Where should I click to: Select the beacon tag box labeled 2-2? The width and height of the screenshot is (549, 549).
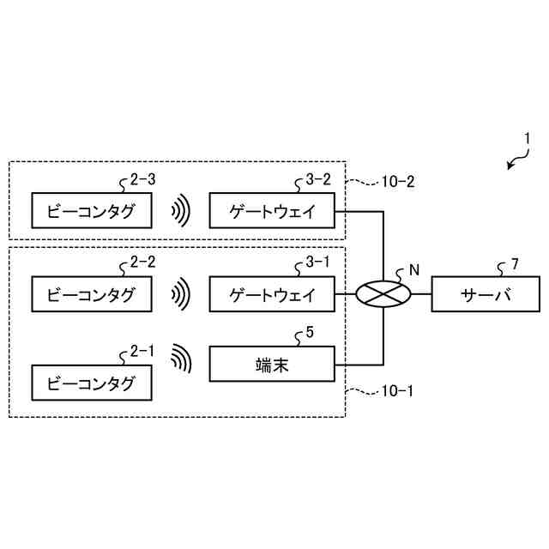tap(91, 296)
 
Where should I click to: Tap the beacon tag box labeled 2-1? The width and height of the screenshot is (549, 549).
tap(91, 383)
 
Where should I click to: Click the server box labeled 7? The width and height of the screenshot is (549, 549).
tap(486, 295)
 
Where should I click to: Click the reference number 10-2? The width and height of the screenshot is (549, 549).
tap(397, 182)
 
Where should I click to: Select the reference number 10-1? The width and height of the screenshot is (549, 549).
tap(395, 391)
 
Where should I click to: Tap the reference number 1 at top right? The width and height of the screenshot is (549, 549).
tap(528, 137)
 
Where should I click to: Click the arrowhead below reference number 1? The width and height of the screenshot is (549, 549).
tap(510, 166)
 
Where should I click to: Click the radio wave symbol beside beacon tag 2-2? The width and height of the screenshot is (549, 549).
tap(179, 296)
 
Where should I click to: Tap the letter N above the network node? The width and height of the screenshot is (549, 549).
tap(414, 268)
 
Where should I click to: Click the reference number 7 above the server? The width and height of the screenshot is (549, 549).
tap(514, 264)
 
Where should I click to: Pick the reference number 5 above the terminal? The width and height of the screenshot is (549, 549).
tap(309, 334)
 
